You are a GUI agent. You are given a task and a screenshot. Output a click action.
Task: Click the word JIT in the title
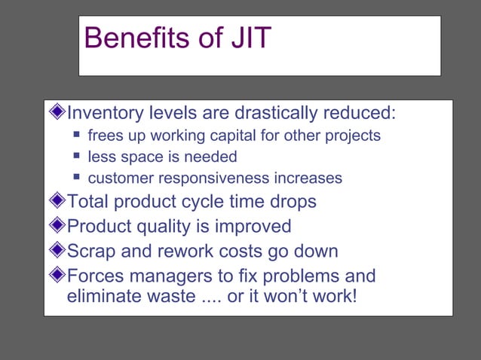[x=247, y=38]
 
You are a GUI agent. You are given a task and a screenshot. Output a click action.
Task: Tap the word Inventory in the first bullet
[x=105, y=114]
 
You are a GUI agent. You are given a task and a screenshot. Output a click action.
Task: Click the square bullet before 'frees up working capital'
[x=77, y=136]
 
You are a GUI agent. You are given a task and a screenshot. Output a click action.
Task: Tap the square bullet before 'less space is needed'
[x=77, y=157]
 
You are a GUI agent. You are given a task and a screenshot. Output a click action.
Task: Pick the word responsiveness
[x=213, y=178]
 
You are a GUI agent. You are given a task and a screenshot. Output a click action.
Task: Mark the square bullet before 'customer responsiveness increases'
[x=77, y=178]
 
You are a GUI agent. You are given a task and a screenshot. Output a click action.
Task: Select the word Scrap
[x=93, y=252]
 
